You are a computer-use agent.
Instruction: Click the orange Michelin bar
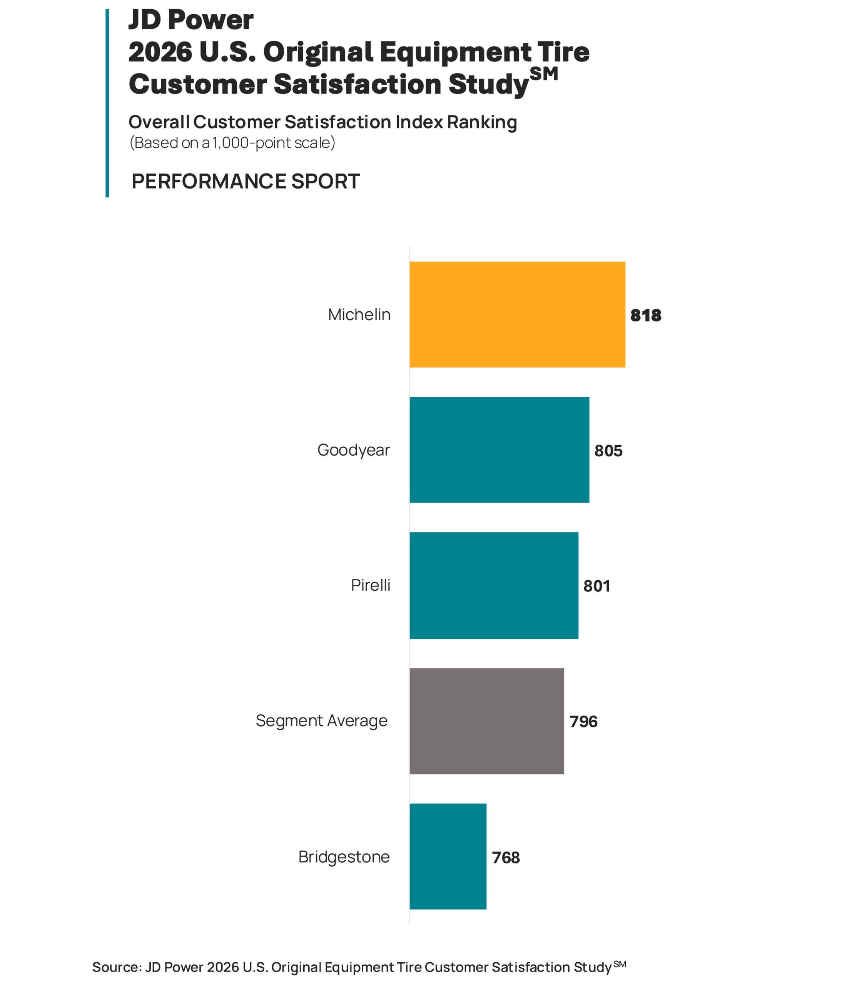click(x=517, y=314)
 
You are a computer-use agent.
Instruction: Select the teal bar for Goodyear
click(x=499, y=450)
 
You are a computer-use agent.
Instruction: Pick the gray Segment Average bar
click(x=486, y=721)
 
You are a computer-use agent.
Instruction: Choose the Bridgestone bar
click(x=448, y=856)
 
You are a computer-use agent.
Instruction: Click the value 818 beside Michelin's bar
click(x=645, y=315)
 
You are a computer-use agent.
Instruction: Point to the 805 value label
click(x=608, y=451)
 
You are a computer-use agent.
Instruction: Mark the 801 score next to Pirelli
click(x=596, y=586)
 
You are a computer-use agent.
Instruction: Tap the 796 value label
click(x=583, y=721)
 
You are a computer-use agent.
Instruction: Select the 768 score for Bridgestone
click(x=506, y=857)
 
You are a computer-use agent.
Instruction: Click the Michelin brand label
click(x=359, y=315)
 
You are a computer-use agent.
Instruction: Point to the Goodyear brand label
click(x=353, y=450)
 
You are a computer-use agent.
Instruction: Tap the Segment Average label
click(x=321, y=720)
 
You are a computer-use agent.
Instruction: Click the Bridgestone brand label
click(x=344, y=857)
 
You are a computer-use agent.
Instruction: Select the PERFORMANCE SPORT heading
click(x=245, y=181)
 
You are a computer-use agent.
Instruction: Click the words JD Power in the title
click(x=191, y=20)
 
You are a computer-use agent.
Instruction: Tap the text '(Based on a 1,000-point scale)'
click(x=232, y=143)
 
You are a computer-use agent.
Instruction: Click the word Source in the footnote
click(x=116, y=967)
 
